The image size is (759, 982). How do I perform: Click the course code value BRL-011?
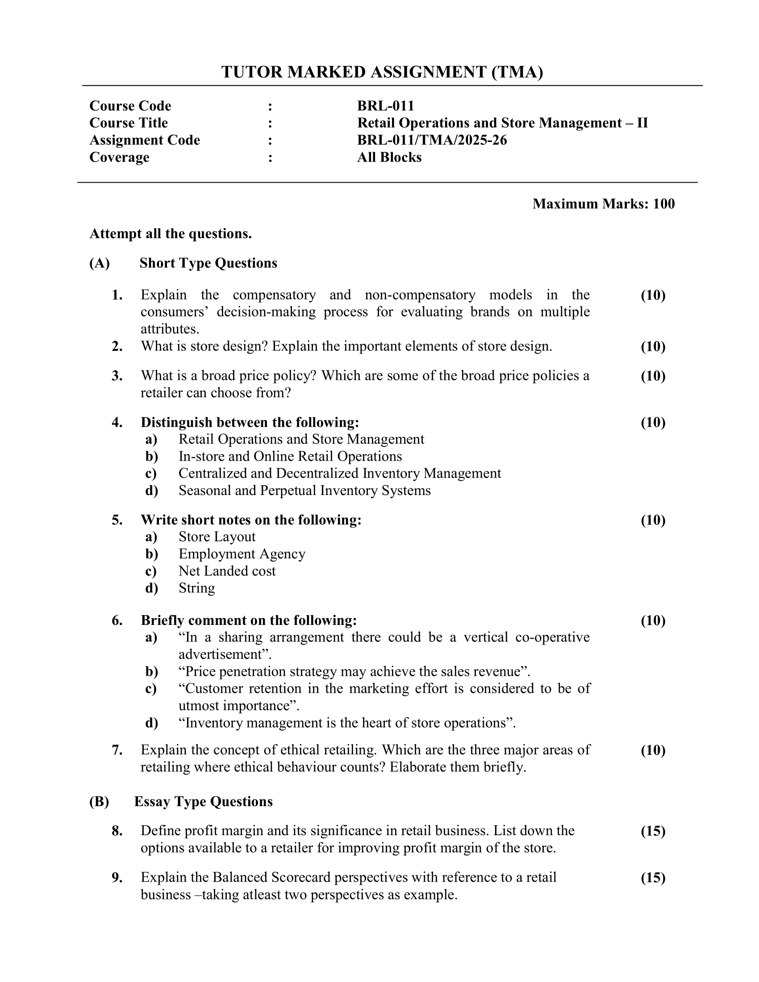(385, 106)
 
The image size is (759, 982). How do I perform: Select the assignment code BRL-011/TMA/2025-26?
(432, 140)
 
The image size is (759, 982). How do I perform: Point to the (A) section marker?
(100, 263)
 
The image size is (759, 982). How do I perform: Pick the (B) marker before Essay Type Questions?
(100, 802)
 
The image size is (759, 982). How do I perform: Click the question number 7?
(117, 750)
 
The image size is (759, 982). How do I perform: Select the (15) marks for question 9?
(653, 878)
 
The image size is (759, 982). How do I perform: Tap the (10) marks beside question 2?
(653, 346)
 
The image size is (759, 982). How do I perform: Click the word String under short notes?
(196, 588)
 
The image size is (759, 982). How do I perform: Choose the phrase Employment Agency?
(242, 554)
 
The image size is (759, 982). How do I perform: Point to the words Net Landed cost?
(227, 571)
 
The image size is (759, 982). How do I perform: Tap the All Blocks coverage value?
(389, 158)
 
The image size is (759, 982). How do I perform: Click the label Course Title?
(129, 123)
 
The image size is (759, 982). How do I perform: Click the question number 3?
(117, 376)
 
